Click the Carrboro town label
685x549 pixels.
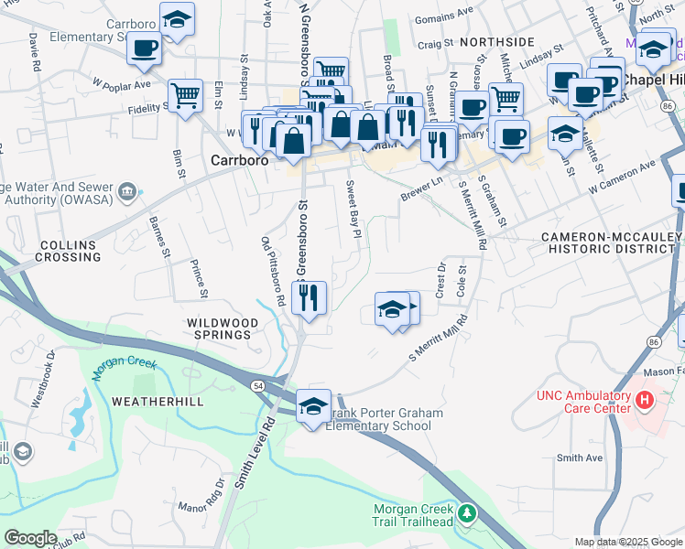239,158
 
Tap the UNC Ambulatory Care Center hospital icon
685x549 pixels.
645,400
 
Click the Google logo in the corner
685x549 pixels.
30,538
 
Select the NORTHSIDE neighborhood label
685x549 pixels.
497,42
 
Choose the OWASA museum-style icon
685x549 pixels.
126,192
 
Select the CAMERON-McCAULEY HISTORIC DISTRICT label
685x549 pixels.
611,242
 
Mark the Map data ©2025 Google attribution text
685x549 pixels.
627,542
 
